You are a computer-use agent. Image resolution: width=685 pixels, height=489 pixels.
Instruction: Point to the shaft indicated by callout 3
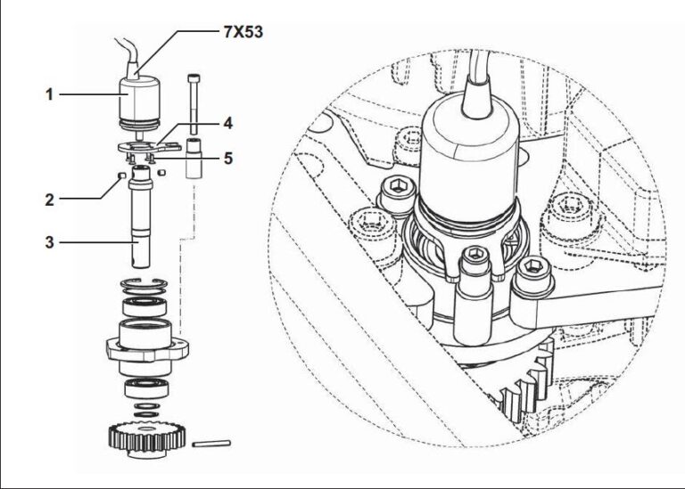[141, 223]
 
